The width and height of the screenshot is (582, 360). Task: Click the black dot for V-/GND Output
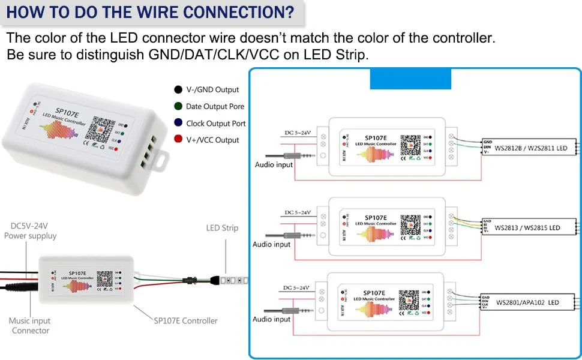178,89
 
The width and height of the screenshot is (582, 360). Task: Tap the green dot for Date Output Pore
178,106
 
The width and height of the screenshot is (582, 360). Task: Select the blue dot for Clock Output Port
178,123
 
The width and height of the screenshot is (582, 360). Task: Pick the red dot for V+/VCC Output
178,140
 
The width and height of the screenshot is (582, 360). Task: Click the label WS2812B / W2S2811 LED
530,147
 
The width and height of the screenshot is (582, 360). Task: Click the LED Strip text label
222,228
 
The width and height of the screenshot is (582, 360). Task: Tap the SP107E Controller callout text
185,321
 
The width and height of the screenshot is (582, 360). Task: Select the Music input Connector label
30,326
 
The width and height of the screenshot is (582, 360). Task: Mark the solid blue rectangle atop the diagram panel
410,79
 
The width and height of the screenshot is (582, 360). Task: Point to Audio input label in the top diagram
274,164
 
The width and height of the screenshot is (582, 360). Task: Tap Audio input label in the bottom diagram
271,319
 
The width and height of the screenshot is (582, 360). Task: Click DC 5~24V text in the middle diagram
297,212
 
